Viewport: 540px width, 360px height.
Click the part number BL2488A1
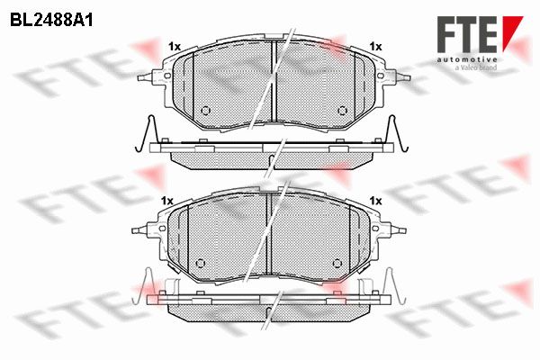point(51,21)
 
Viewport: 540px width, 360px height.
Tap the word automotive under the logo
point(467,59)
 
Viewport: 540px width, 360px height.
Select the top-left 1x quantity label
point(175,47)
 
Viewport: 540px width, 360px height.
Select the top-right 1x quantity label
point(375,47)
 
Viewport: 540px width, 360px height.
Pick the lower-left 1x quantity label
point(167,201)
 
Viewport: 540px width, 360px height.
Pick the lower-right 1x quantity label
point(375,201)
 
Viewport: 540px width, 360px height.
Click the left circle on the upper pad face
point(205,110)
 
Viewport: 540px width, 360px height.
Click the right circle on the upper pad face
point(342,110)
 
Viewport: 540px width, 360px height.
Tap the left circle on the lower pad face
point(201,263)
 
